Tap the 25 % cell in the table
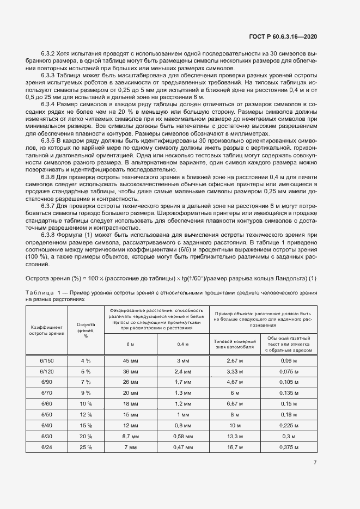(x=86, y=447)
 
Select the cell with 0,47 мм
(x=180, y=447)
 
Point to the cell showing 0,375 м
(x=289, y=447)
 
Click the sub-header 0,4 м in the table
(x=180, y=344)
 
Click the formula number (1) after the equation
(x=313, y=279)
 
